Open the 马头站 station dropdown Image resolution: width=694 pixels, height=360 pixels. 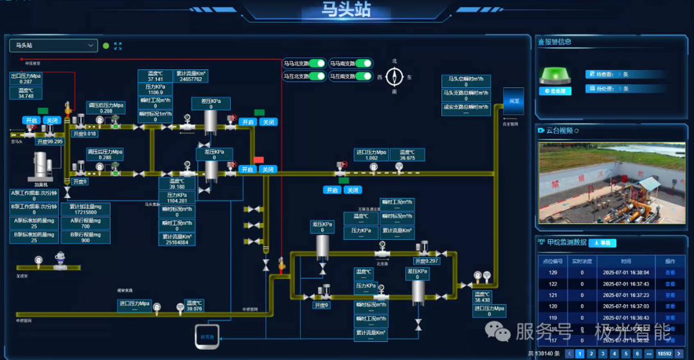click(x=53, y=46)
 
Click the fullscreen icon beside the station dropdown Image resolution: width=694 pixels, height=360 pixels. click(x=118, y=46)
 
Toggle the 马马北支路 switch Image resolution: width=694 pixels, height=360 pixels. click(x=317, y=63)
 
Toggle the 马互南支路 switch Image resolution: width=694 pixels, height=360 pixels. click(x=363, y=76)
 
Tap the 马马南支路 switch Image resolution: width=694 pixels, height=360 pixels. click(x=363, y=63)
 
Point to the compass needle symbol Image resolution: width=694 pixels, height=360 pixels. click(x=395, y=77)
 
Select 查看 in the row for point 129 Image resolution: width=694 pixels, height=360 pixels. click(x=670, y=273)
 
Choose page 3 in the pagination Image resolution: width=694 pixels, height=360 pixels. click(x=603, y=354)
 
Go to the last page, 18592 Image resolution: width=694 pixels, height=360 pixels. click(x=664, y=354)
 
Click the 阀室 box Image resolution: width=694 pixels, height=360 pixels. click(x=513, y=101)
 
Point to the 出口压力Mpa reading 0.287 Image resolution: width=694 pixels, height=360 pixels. click(x=26, y=82)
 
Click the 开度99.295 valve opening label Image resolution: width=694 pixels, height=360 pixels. click(x=49, y=141)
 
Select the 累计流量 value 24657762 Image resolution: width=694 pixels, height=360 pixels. click(x=191, y=79)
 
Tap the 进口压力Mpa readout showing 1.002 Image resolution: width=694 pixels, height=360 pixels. click(x=371, y=157)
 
